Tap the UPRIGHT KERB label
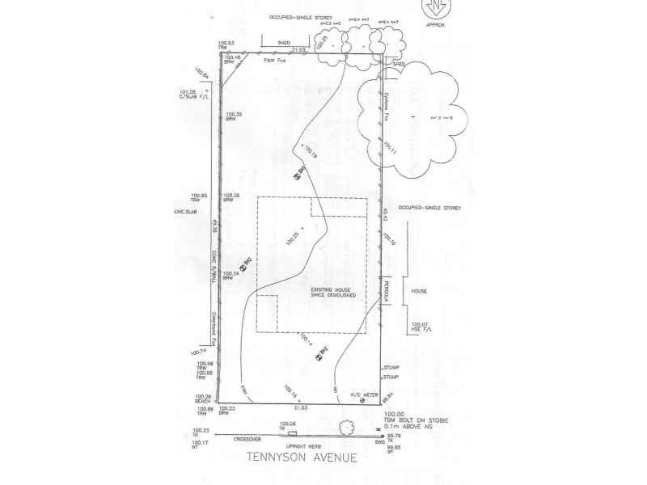302,445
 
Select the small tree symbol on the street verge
345,428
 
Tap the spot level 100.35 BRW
234,116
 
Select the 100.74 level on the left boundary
199,352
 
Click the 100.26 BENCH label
203,399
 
